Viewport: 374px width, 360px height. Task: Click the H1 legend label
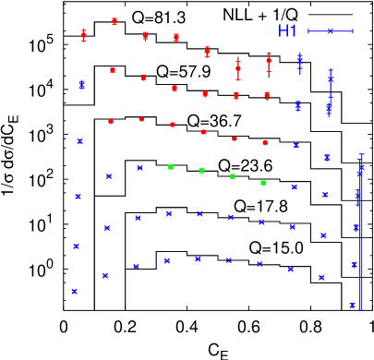[x=288, y=31]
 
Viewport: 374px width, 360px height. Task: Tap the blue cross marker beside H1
[x=331, y=31]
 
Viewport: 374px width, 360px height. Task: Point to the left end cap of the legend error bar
[x=308, y=31]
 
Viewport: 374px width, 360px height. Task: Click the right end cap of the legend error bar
[x=353, y=31]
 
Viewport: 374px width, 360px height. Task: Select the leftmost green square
[x=171, y=167]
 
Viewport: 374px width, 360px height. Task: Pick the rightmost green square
[x=263, y=183]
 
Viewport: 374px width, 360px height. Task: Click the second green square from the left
[x=201, y=171]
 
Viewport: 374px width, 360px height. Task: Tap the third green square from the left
[x=233, y=176]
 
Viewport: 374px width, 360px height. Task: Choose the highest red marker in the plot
[x=115, y=20]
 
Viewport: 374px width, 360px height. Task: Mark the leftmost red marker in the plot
[x=84, y=35]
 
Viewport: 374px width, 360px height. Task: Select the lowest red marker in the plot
[x=265, y=142]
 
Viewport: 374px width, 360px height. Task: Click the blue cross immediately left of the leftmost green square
[x=139, y=168]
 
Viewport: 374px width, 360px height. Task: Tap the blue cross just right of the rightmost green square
[x=295, y=186]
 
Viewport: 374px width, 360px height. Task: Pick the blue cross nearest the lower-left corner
[x=74, y=291]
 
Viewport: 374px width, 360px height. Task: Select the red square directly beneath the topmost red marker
[x=113, y=70]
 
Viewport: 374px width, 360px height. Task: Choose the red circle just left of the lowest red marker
[x=235, y=138]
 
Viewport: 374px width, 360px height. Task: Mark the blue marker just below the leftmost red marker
[x=82, y=85]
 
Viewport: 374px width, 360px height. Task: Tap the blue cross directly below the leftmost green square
[x=169, y=214]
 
